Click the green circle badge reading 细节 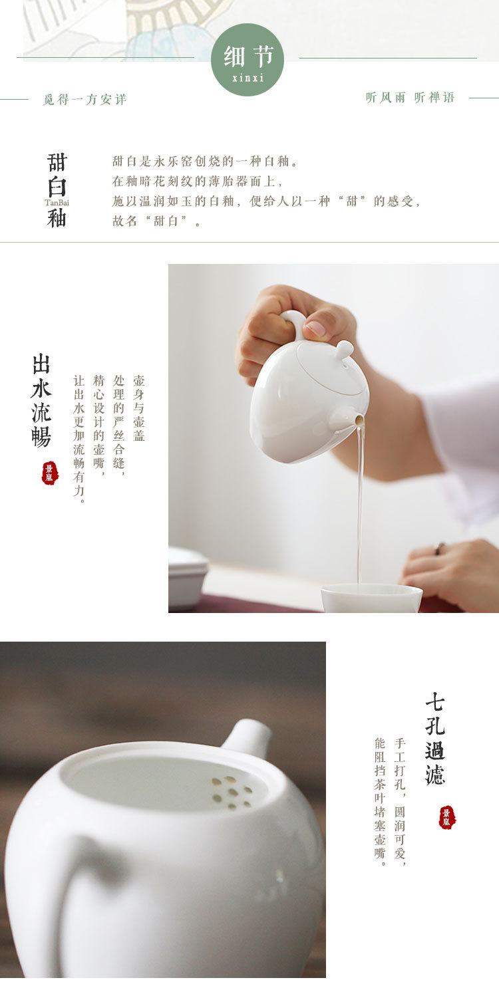[247, 60]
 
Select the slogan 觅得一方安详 [84, 99]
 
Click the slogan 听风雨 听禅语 [410, 97]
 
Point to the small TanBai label [57, 203]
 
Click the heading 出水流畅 [41, 400]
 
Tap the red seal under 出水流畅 [50, 473]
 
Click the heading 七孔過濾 [435, 739]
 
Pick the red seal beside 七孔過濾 [447, 817]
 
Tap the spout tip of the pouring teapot [359, 420]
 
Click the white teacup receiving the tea [372, 598]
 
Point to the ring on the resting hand [439, 549]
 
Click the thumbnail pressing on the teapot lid [315, 328]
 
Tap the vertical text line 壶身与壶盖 [139, 408]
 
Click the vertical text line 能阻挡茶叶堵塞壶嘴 [380, 802]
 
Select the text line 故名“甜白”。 [156, 221]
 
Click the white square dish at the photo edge [188, 577]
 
